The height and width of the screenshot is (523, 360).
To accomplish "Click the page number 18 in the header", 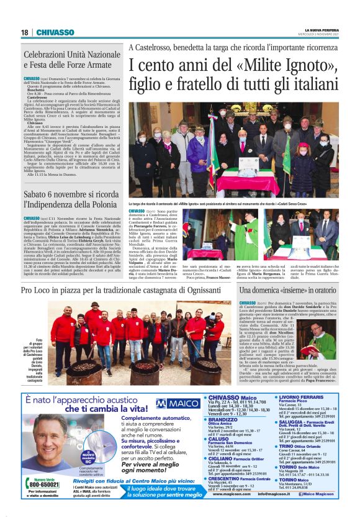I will (x=24, y=32).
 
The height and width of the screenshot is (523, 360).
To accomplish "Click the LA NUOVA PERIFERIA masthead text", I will (x=322, y=29).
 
